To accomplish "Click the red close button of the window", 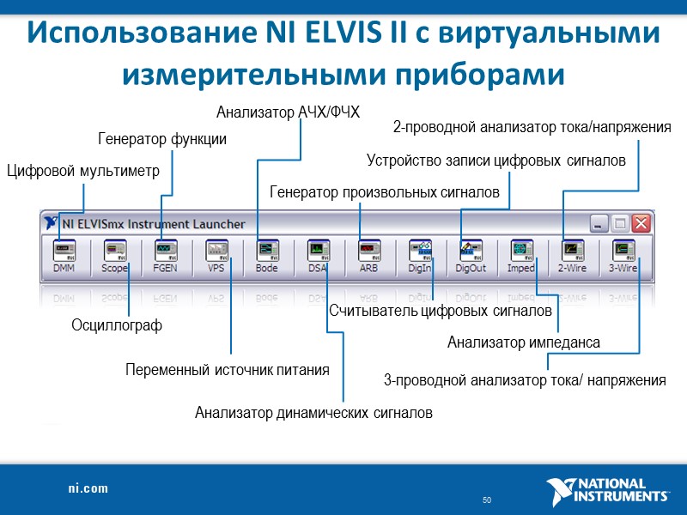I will click(x=641, y=223).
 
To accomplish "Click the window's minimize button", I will click(x=599, y=223).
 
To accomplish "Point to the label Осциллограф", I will click(x=116, y=326).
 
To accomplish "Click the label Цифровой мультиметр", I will click(x=82, y=171).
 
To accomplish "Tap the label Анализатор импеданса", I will click(x=523, y=343).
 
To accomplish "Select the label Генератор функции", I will click(x=162, y=139).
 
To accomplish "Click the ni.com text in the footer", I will click(x=88, y=488).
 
